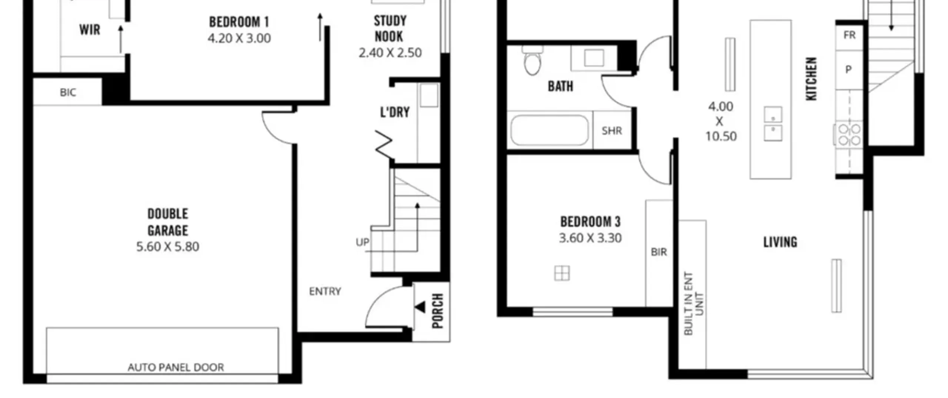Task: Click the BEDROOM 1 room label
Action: click(x=239, y=22)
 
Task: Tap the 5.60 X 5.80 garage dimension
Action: click(x=168, y=247)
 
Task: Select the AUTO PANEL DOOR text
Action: click(x=176, y=367)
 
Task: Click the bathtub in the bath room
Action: click(x=549, y=130)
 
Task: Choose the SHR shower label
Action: click(x=612, y=131)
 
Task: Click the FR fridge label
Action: click(x=849, y=35)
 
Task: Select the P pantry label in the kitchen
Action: click(x=848, y=69)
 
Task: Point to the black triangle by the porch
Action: click(x=420, y=307)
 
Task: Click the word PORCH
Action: click(x=438, y=311)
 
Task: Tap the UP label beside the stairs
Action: click(x=362, y=242)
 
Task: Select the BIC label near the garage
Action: click(x=68, y=93)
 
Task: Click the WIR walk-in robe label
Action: click(x=90, y=30)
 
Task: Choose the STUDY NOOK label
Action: click(x=390, y=29)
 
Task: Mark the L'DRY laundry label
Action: click(x=395, y=112)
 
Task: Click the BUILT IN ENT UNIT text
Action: click(x=693, y=304)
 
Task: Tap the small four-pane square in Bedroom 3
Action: click(x=562, y=274)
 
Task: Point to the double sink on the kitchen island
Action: click(x=773, y=124)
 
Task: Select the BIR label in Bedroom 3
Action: click(x=659, y=252)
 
